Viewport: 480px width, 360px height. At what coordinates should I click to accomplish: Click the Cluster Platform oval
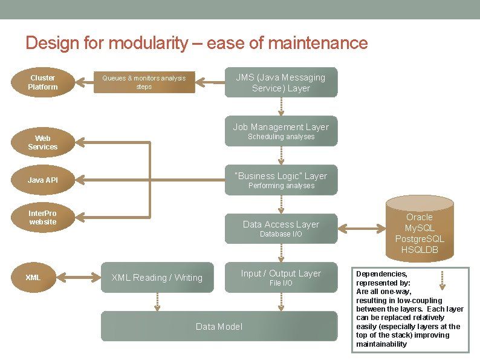coord(42,82)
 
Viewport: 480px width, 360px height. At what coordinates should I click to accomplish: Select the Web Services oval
coord(42,143)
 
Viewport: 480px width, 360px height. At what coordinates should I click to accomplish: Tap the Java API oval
coord(42,180)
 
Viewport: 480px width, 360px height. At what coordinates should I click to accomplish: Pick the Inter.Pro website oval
coord(42,218)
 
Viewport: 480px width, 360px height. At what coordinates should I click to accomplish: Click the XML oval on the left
coord(33,278)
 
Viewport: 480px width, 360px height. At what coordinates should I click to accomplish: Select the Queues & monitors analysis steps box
coord(144,82)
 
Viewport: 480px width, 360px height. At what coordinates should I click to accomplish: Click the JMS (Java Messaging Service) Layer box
coord(281,82)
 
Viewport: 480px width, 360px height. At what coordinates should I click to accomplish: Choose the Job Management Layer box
coord(281,131)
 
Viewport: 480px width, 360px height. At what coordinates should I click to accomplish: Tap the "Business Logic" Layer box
coord(281,180)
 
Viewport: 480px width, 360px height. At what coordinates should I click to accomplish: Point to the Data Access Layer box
coord(281,228)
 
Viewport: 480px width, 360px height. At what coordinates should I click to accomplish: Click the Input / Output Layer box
coord(281,277)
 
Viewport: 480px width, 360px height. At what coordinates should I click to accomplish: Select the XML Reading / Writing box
coord(157,278)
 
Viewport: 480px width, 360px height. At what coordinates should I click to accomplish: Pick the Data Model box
coord(219,326)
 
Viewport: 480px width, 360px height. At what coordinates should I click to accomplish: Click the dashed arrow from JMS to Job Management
coord(281,106)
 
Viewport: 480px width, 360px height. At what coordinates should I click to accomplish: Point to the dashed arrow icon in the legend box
coord(443,279)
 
